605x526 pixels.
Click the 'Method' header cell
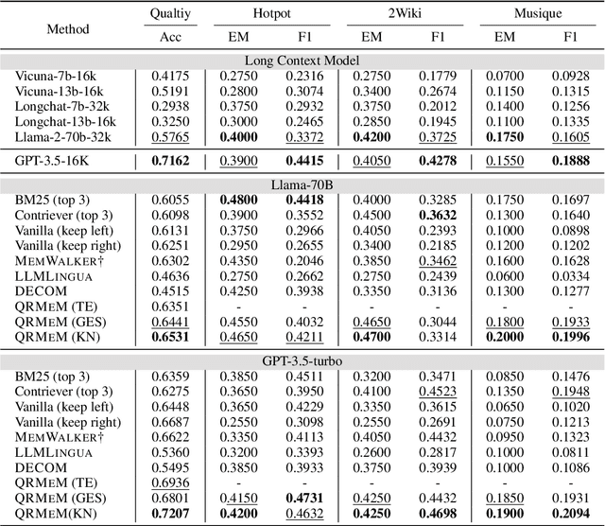[67, 28]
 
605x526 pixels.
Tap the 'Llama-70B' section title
[302, 187]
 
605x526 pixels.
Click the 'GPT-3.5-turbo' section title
[302, 361]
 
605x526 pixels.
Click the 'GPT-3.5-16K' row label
[55, 163]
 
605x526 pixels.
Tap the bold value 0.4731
[303, 498]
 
